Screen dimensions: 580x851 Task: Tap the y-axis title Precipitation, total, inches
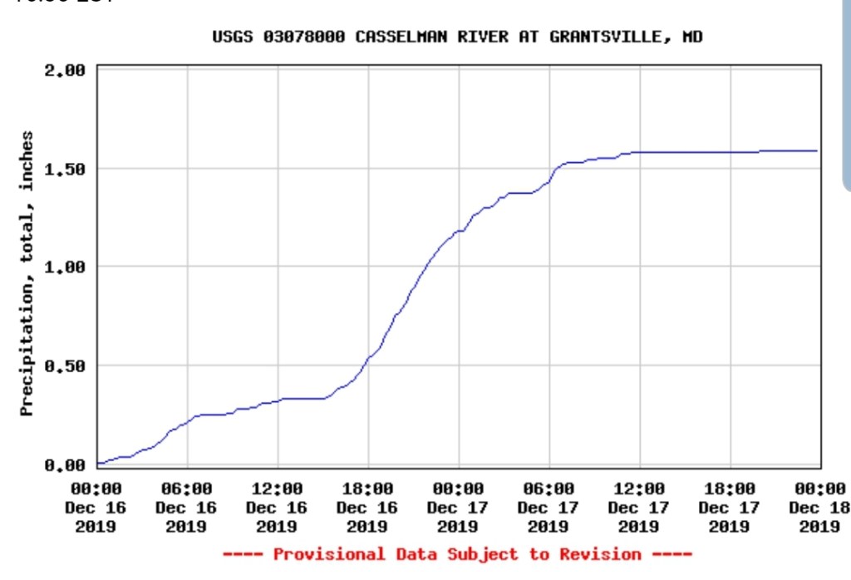pyautogui.click(x=27, y=273)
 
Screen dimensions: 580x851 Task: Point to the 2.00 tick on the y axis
pyautogui.click(x=65, y=71)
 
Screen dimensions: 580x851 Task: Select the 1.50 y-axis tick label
pyautogui.click(x=65, y=170)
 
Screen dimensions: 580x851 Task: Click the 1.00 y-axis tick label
pyautogui.click(x=65, y=268)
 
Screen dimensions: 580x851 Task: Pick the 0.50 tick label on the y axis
pyautogui.click(x=65, y=366)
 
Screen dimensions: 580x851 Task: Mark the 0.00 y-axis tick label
pyautogui.click(x=65, y=464)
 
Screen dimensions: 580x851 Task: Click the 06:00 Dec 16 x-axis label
pyautogui.click(x=186, y=507)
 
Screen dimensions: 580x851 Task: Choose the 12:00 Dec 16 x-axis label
pyautogui.click(x=277, y=507)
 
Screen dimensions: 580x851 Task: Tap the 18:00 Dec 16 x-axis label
pyautogui.click(x=367, y=507)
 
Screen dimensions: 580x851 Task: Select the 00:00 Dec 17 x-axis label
pyautogui.click(x=458, y=507)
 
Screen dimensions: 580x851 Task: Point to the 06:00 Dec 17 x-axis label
pyautogui.click(x=548, y=507)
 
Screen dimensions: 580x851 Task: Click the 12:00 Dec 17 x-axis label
pyautogui.click(x=639, y=507)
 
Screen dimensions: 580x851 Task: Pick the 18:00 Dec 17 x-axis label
pyautogui.click(x=730, y=507)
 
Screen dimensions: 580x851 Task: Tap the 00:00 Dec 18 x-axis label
pyautogui.click(x=819, y=507)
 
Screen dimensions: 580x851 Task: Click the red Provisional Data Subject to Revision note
pyautogui.click(x=457, y=554)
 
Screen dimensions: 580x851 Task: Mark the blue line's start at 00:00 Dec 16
pyautogui.click(x=99, y=463)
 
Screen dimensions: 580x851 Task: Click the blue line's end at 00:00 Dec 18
pyautogui.click(x=818, y=150)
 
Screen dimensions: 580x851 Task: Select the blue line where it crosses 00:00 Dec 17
pyautogui.click(x=459, y=230)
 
